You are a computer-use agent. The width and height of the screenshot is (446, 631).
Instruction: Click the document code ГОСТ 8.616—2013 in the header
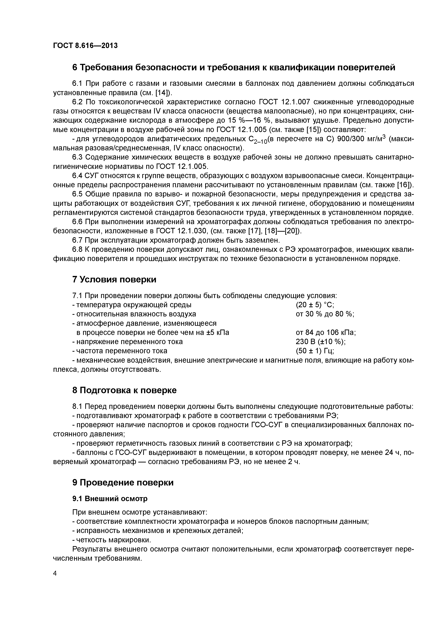[85, 46]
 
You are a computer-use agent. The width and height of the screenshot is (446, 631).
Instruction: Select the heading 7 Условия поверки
[114, 280]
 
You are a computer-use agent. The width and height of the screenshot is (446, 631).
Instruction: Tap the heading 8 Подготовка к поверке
[124, 390]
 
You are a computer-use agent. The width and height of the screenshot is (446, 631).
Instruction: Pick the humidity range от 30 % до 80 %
[325, 314]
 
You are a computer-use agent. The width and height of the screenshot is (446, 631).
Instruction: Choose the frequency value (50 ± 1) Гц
[315, 351]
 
